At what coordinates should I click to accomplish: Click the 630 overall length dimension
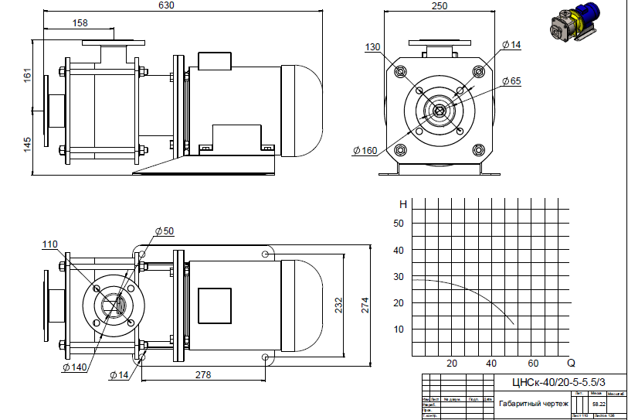pyautogui.click(x=166, y=5)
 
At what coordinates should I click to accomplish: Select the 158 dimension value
pyautogui.click(x=80, y=23)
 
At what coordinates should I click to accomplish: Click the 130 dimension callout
pyautogui.click(x=373, y=47)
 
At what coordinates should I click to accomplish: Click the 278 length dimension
pyautogui.click(x=202, y=375)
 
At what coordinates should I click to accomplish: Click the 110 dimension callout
pyautogui.click(x=50, y=245)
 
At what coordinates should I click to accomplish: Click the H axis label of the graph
pyautogui.click(x=402, y=205)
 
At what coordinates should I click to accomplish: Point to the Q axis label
pyautogui.click(x=571, y=362)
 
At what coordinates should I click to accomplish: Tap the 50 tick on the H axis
pyautogui.click(x=399, y=224)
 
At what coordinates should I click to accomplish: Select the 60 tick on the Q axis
pyautogui.click(x=532, y=363)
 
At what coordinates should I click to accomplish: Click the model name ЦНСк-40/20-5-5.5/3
pyautogui.click(x=558, y=381)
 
